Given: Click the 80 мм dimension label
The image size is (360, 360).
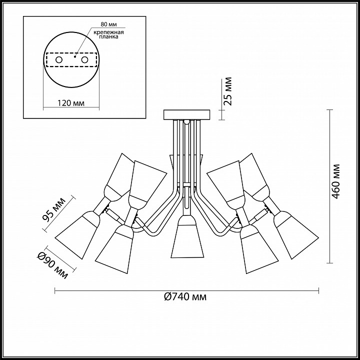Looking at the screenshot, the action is pos(108,24).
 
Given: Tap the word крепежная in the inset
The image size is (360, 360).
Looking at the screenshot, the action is pos(108,32).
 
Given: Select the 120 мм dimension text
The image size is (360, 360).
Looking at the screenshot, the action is pos(71,103).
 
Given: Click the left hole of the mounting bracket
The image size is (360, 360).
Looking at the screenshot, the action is pos(59,60).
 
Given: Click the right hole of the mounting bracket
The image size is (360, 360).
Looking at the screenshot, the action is pos(84,60).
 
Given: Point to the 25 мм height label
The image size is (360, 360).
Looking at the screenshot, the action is pos(228,91).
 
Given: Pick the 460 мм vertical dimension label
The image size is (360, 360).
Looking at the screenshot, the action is pos(336,181).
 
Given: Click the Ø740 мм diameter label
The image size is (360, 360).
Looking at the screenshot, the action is pos(185,297).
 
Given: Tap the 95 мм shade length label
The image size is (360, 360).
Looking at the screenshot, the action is pos(54,209).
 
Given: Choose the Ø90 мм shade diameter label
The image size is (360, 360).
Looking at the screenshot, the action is pos(52,265).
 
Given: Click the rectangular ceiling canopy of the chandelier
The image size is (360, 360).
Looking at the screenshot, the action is pos(186,115).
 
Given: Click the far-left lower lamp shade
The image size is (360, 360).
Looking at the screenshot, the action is pos(77,234).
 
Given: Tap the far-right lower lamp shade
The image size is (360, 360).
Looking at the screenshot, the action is pos(296,234).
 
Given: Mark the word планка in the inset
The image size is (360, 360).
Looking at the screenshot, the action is pos(108,36).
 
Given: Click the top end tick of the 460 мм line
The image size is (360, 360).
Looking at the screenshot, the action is pos(329,110).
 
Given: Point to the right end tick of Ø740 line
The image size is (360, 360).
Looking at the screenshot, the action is pos(318,290).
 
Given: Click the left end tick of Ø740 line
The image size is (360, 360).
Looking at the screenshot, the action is pos(55,290).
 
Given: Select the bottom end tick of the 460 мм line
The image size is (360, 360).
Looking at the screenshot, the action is pos(329,263).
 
